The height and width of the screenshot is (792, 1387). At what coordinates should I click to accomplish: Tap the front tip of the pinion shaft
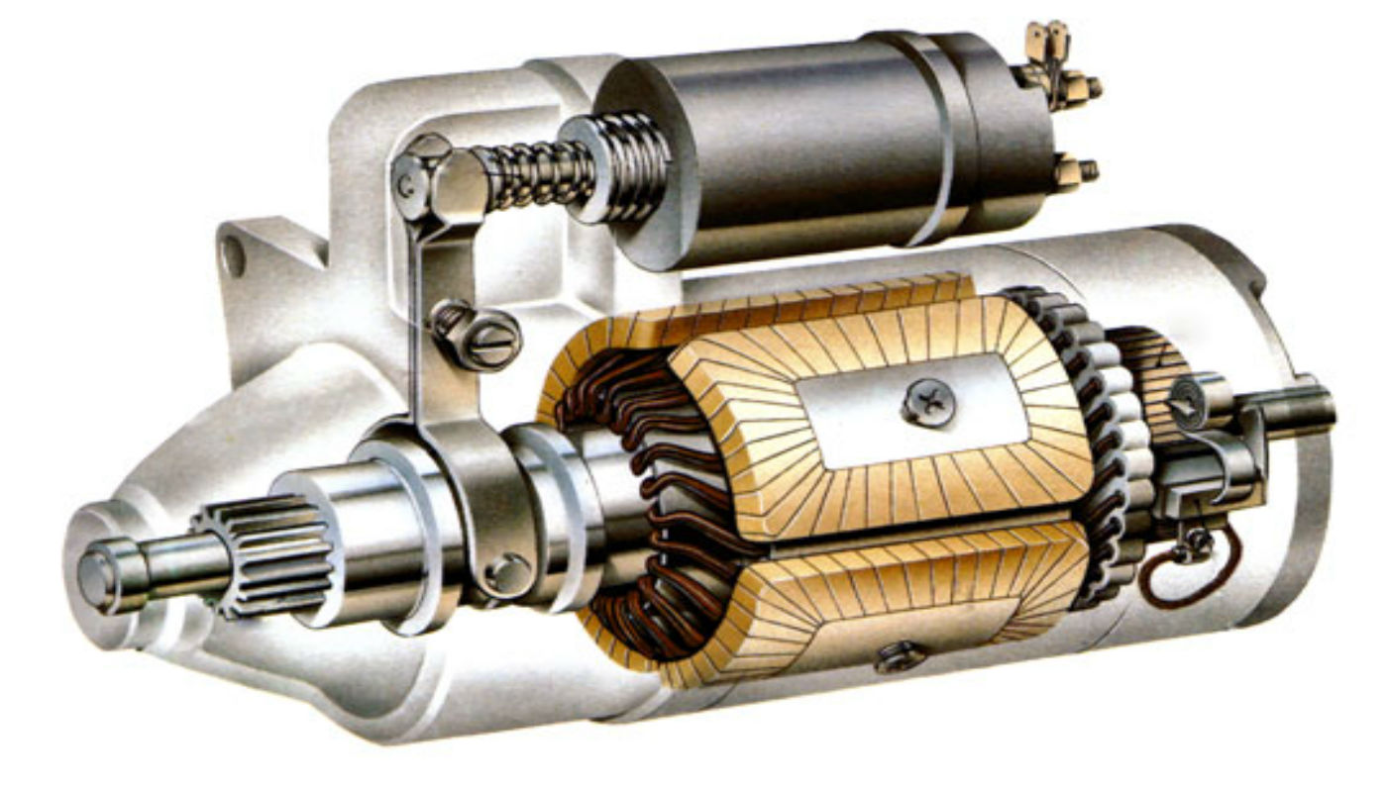(x=97, y=577)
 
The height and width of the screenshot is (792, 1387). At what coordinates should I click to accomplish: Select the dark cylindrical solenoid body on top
(x=783, y=148)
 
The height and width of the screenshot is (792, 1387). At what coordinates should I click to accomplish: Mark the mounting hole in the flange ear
(x=233, y=256)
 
